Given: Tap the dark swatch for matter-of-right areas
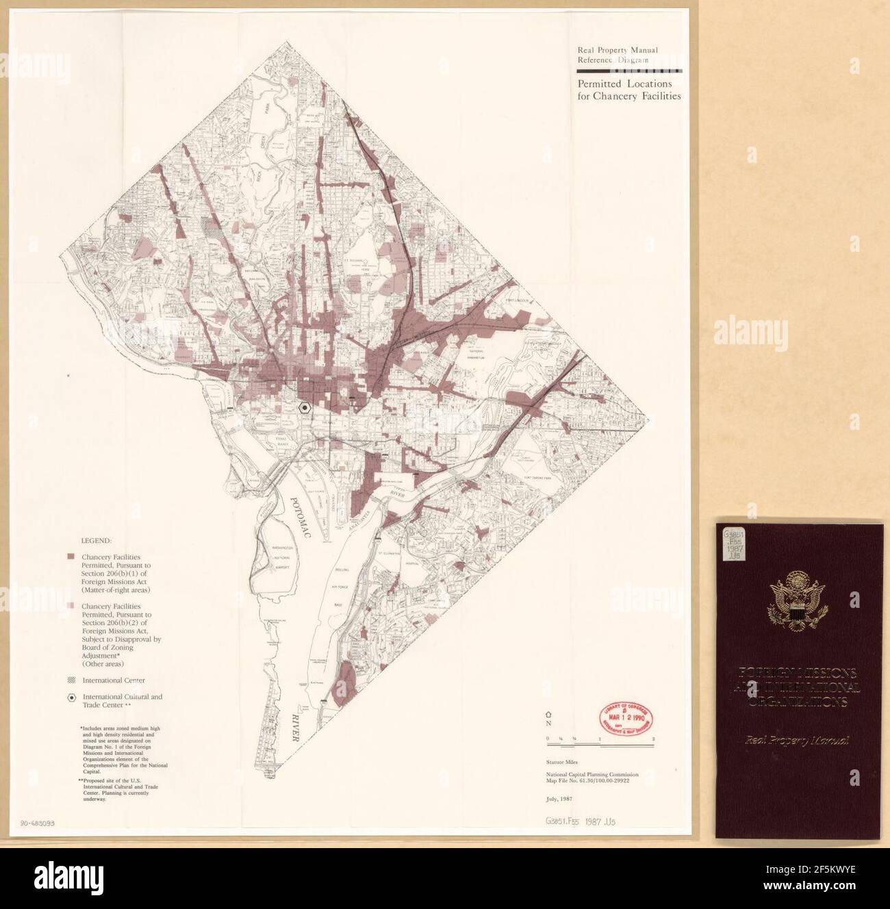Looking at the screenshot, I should click(71, 558).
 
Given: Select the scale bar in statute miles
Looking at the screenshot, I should click(601, 740).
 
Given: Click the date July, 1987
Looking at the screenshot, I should click(559, 798).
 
